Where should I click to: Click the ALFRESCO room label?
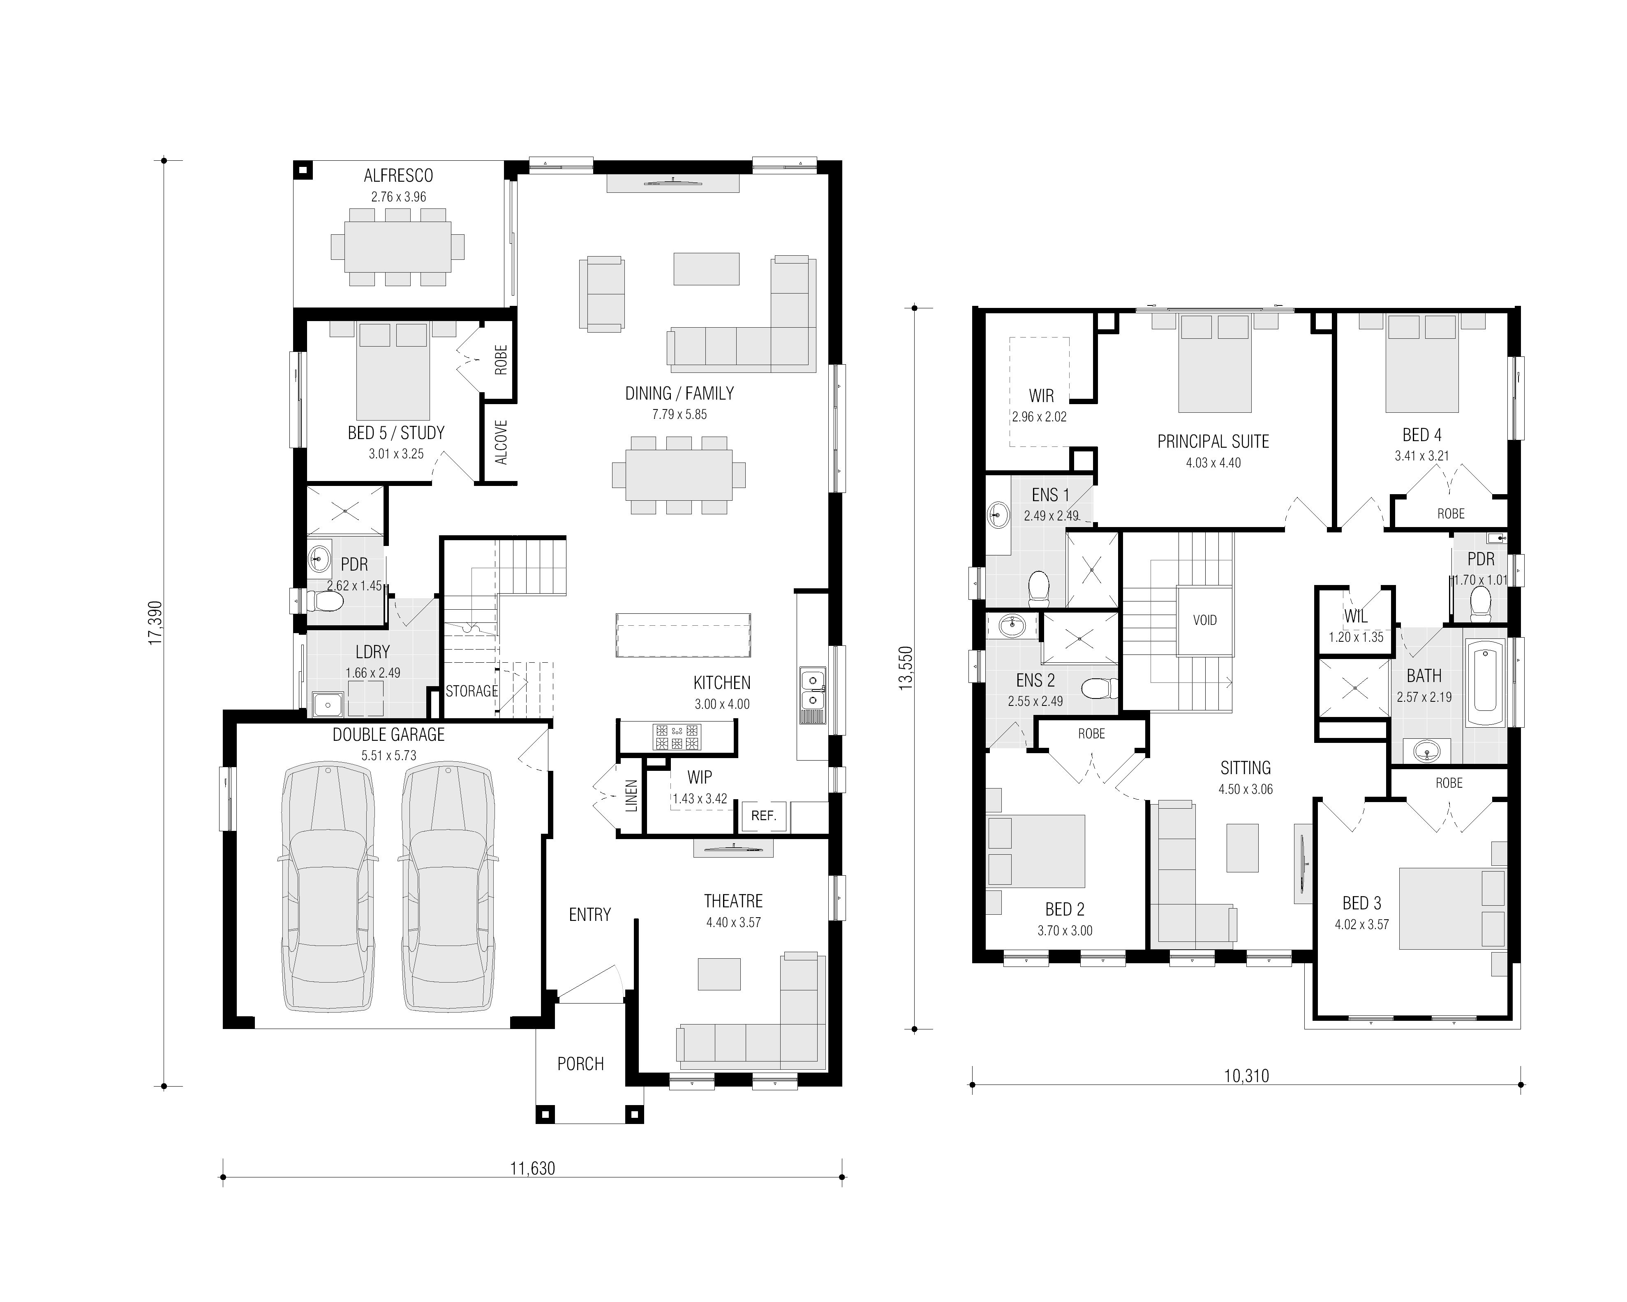(x=398, y=176)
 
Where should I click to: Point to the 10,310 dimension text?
(x=1246, y=1075)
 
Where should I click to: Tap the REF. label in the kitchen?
(x=764, y=816)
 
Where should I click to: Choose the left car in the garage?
(x=328, y=887)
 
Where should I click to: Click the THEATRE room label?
(x=733, y=901)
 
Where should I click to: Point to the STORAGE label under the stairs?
(x=471, y=691)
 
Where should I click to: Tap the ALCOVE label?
(x=501, y=442)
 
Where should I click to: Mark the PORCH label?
(x=580, y=1064)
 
